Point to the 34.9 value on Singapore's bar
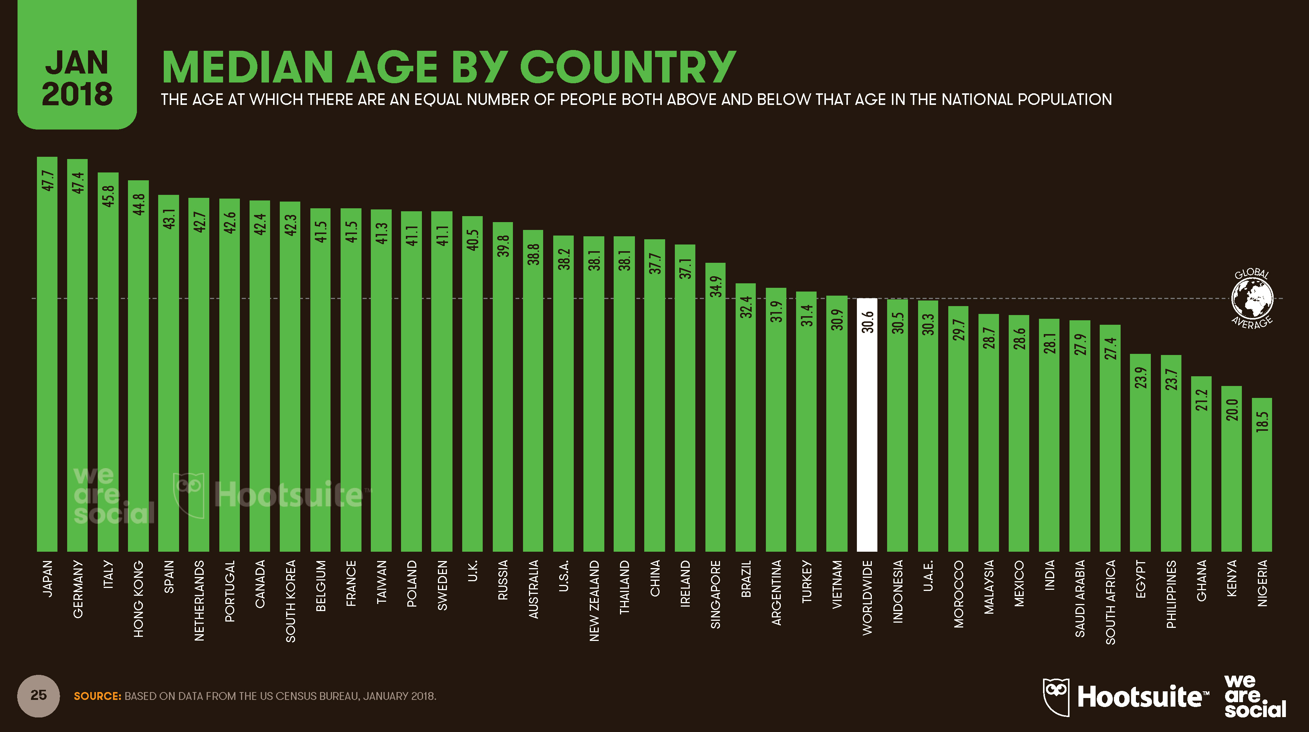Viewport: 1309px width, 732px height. [715, 287]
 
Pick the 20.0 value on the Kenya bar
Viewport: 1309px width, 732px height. [1232, 410]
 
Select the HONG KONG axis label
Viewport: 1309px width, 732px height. [139, 599]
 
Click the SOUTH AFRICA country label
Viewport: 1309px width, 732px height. [1110, 602]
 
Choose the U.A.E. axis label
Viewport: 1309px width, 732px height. [928, 576]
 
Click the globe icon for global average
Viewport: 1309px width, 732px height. [1252, 298]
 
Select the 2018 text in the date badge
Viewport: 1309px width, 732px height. [77, 94]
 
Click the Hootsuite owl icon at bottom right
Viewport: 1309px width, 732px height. [1056, 697]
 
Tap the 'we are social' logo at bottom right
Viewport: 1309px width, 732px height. [1254, 697]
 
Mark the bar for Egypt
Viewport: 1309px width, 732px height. [1140, 452]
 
